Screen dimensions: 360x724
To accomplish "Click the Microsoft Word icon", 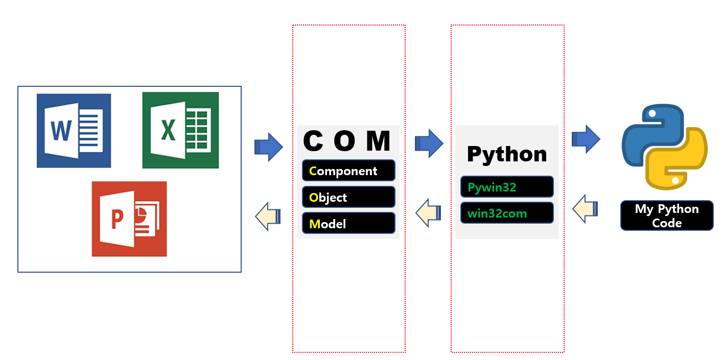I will (74, 131).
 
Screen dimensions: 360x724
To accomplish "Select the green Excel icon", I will (181, 130).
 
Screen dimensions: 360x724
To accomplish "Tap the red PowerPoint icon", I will (129, 219).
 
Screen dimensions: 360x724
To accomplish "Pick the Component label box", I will (348, 171).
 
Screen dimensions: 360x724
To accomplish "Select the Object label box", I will (348, 197).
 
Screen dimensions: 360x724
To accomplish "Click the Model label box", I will (348, 223).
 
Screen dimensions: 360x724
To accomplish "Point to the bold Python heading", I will (507, 154).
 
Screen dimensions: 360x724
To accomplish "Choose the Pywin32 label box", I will (507, 187).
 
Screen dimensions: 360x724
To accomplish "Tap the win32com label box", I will (507, 213).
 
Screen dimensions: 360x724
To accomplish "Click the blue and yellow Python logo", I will (664, 147).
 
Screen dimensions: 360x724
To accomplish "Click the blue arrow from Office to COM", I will (269, 147).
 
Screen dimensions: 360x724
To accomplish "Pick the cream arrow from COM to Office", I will (268, 216).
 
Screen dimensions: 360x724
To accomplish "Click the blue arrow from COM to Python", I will (429, 143).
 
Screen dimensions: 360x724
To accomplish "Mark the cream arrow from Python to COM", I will (428, 212).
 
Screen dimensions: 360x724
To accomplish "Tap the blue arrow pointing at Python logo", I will (586, 139).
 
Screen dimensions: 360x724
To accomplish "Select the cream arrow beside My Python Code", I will (585, 209).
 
